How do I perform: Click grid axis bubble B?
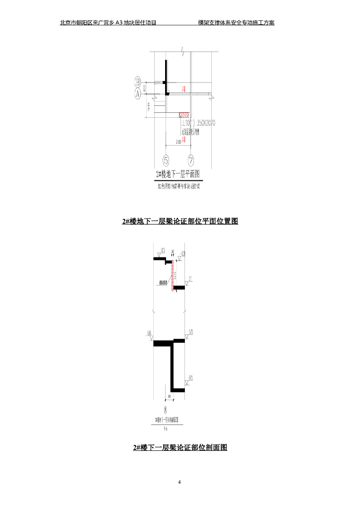click(x=138, y=82)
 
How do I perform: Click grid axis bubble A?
click(x=138, y=94)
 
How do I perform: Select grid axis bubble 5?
click(x=166, y=160)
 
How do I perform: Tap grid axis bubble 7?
click(x=191, y=160)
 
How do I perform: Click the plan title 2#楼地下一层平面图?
click(x=178, y=174)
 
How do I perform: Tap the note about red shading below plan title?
click(x=178, y=186)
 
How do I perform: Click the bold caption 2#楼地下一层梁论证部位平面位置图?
click(x=180, y=221)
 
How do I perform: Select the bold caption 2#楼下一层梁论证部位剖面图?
click(x=180, y=447)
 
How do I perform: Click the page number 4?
click(x=180, y=482)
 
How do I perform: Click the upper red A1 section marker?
click(x=183, y=89)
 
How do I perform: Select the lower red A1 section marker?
click(x=183, y=140)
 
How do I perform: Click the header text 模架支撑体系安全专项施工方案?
click(x=236, y=22)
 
